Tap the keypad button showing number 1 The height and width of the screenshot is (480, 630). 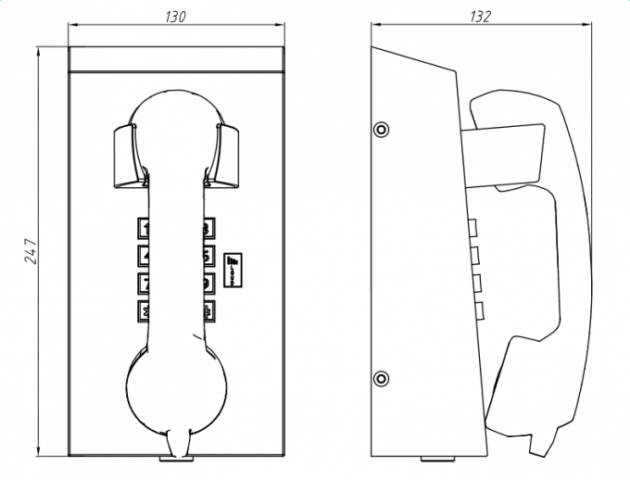(x=145, y=227)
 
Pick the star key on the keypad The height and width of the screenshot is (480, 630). (x=145, y=309)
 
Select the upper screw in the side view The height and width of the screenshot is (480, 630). (x=381, y=128)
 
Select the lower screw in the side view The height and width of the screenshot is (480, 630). (x=381, y=377)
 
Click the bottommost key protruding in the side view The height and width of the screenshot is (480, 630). (x=477, y=310)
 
